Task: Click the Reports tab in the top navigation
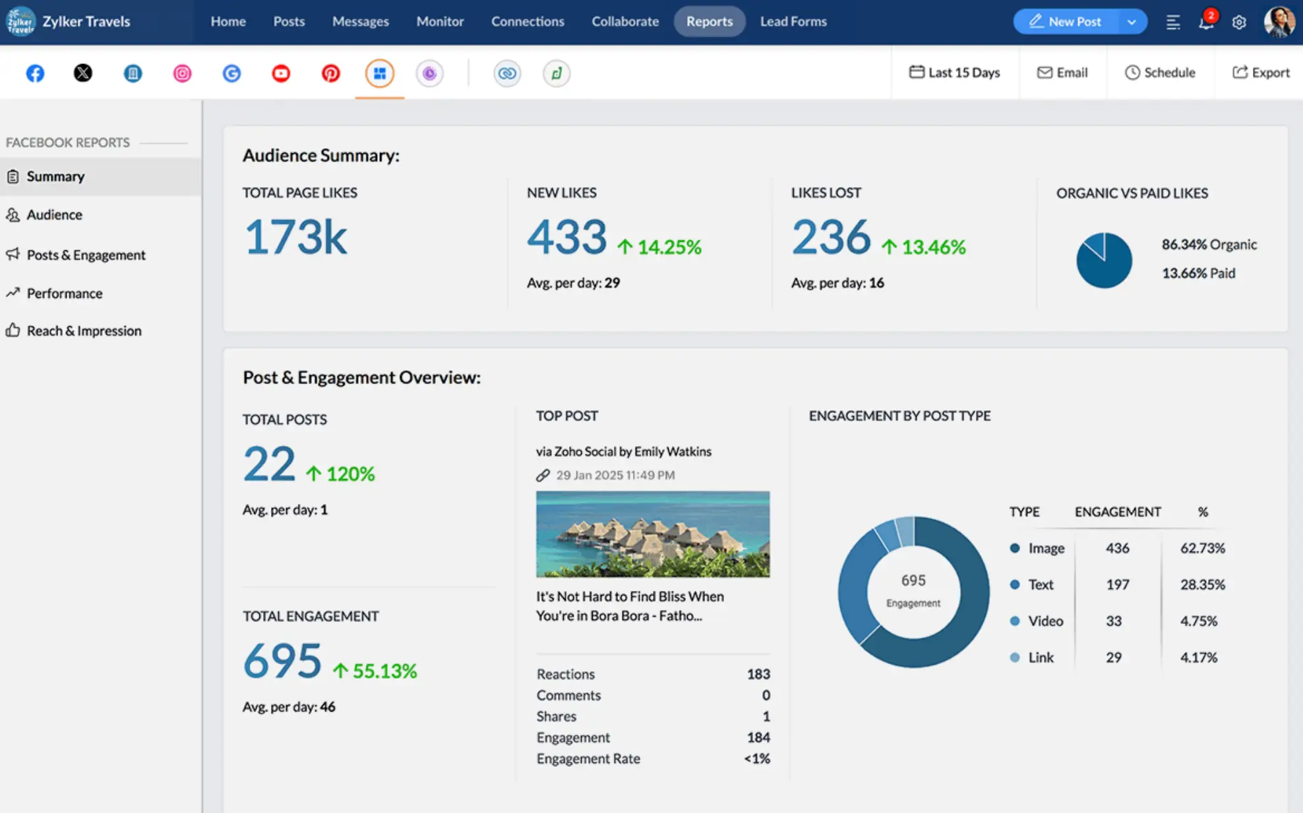click(x=709, y=22)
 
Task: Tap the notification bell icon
click(x=1205, y=22)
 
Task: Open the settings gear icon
click(x=1239, y=22)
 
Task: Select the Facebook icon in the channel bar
click(x=35, y=73)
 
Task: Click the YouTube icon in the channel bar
click(x=281, y=73)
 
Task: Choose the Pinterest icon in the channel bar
click(x=330, y=73)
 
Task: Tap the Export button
click(x=1260, y=72)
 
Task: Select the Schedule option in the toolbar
click(x=1160, y=72)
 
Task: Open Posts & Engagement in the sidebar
click(x=86, y=255)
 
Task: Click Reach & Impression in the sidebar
click(x=84, y=331)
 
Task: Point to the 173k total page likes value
click(x=295, y=237)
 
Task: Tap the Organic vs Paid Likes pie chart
click(x=1104, y=260)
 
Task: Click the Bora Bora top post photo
click(x=652, y=534)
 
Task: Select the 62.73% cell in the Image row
click(x=1202, y=548)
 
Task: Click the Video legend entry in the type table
click(x=1045, y=621)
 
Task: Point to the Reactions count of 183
click(x=758, y=674)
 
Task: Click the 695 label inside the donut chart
click(x=913, y=580)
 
